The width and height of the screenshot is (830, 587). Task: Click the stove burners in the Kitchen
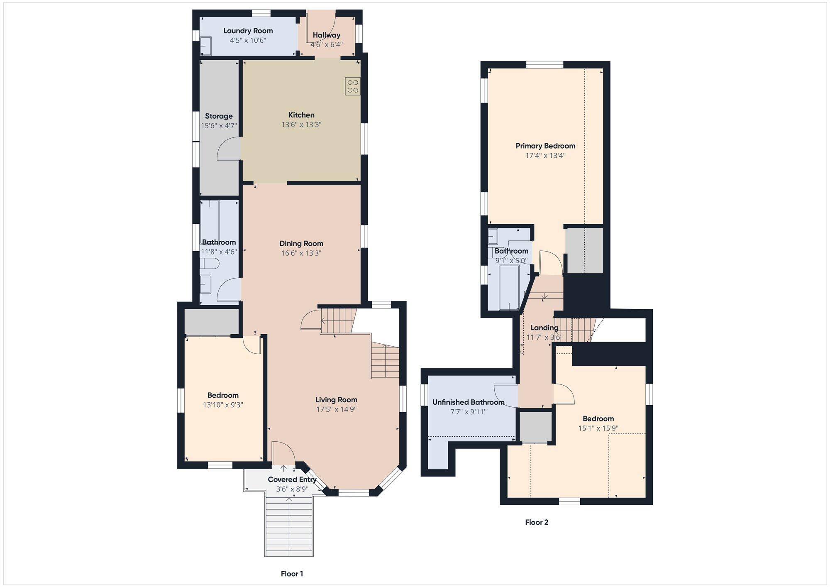353,86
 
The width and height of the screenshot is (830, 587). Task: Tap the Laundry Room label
248,31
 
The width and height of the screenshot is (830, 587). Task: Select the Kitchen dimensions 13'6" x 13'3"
301,125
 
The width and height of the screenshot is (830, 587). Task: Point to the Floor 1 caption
292,574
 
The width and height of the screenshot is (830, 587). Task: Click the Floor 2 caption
537,522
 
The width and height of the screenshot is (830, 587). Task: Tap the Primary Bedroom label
545,146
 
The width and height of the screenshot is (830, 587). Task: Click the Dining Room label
301,244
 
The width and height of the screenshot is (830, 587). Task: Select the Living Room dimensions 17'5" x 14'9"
337,409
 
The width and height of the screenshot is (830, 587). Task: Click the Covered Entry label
292,479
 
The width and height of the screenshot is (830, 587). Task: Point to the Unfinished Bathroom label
469,402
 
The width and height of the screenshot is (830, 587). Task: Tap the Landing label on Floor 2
544,328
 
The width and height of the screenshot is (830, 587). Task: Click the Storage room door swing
228,149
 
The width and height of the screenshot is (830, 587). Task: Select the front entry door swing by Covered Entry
283,452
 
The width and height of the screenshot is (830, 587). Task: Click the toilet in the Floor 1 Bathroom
210,264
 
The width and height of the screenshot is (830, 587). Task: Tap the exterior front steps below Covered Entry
289,526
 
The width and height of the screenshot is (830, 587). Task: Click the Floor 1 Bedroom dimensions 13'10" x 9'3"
223,405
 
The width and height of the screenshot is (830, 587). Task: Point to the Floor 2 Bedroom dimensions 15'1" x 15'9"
598,428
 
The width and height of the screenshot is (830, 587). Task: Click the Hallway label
327,35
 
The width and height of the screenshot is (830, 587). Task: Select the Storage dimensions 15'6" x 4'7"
219,126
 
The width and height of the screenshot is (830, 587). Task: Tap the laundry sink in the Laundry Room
206,46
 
